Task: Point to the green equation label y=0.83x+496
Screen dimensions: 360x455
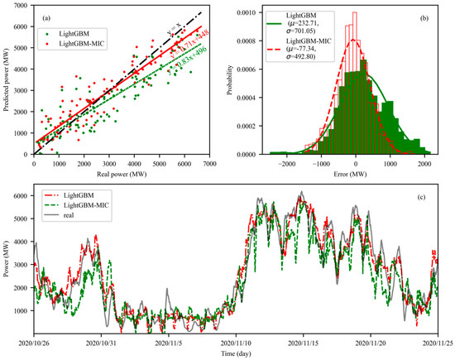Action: pos(199,69)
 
